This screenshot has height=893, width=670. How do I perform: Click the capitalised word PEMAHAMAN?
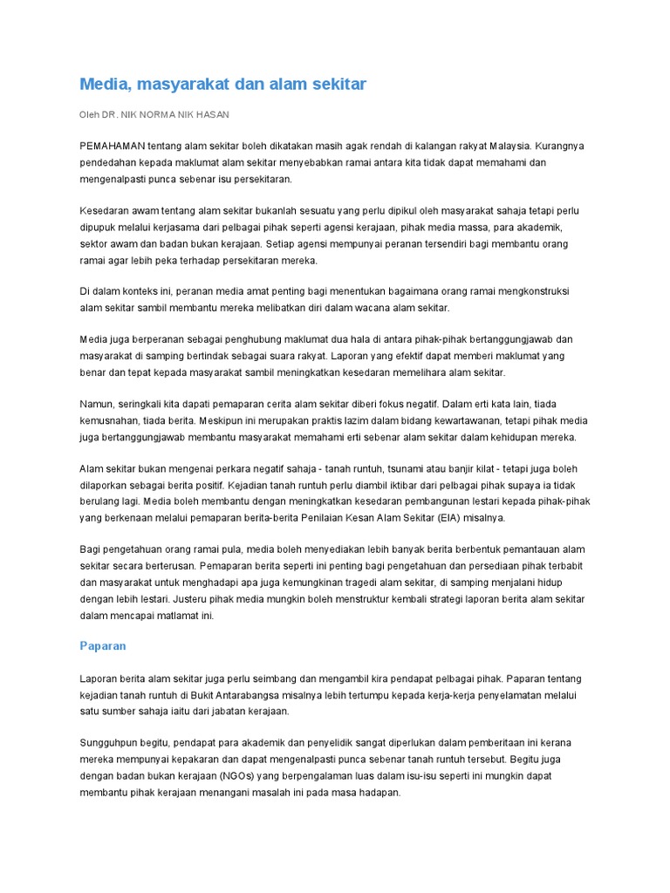(x=112, y=146)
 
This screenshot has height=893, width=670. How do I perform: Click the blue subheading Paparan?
(x=103, y=646)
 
